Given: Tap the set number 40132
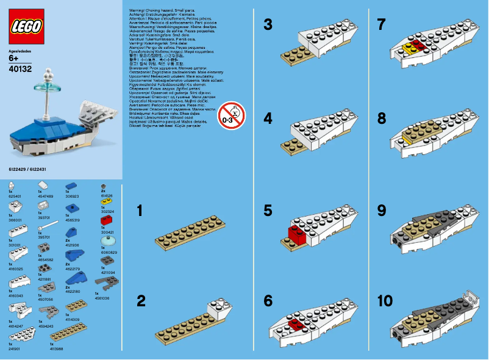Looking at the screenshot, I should [21, 69].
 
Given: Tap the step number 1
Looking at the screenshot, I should [140, 211].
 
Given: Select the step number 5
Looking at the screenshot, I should [268, 211].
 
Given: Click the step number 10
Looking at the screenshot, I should [386, 301].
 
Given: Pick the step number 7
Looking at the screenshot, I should [382, 25].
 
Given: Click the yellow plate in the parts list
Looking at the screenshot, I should [105, 200].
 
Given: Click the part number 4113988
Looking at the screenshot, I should [56, 348].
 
